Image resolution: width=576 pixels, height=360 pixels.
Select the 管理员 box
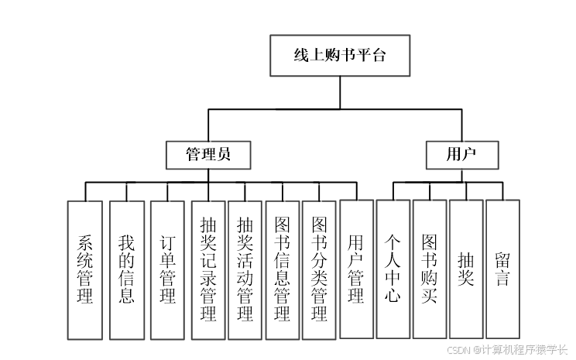coord(208,155)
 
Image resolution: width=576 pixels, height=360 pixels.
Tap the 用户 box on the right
coord(461,155)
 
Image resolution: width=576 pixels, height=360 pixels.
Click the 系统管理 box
coord(85,269)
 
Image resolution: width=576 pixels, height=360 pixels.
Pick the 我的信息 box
coord(127,269)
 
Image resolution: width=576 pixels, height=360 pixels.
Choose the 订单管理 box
coord(168,269)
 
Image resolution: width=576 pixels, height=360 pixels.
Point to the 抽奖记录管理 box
coord(208,269)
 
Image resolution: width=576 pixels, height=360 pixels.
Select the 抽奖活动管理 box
coord(245,269)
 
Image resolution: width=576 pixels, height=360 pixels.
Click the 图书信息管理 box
coord(283,269)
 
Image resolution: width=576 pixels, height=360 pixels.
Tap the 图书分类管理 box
coord(319,269)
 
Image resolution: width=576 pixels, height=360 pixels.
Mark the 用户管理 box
coord(356,269)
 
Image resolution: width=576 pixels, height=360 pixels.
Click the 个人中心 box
coord(393,269)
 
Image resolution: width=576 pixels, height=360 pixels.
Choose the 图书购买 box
coord(430,269)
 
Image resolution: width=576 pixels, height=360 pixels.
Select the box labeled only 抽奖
coord(466,269)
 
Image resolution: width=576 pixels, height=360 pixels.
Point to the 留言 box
coord(502,269)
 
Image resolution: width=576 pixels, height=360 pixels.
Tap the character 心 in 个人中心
coord(393,296)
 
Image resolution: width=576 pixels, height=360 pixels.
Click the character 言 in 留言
coord(502,279)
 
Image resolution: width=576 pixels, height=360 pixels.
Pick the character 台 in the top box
coord(377,56)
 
